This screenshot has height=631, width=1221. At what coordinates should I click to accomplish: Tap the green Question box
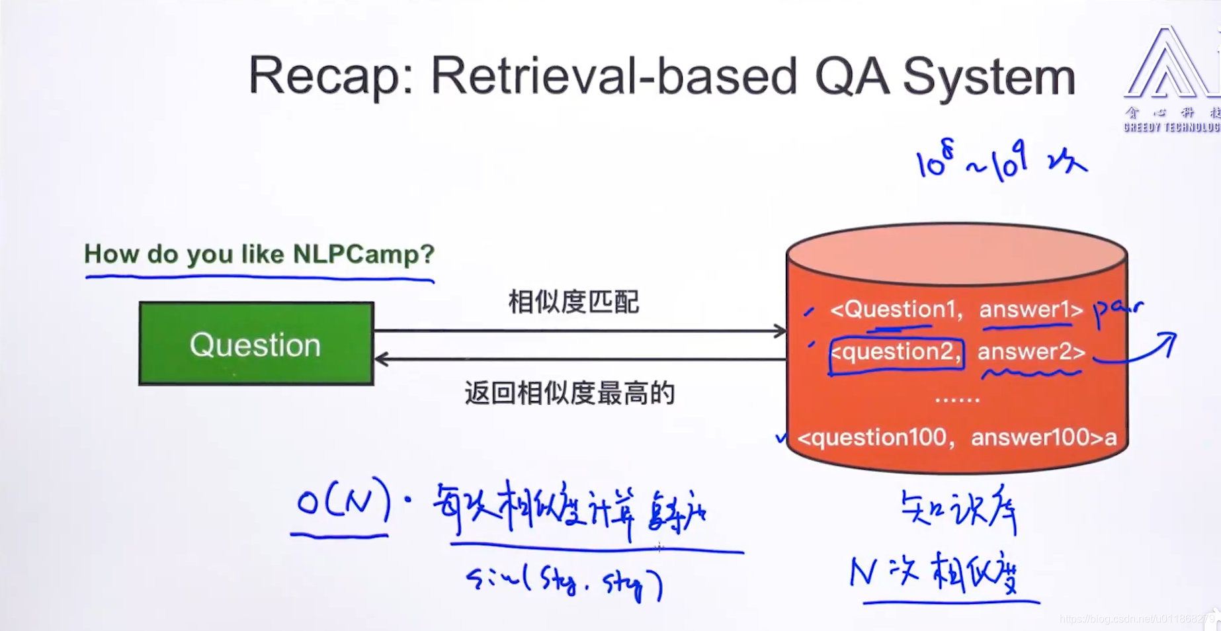[256, 344]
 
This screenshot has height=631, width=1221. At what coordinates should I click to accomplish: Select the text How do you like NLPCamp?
[259, 254]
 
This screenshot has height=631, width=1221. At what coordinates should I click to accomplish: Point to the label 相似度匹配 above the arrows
[573, 302]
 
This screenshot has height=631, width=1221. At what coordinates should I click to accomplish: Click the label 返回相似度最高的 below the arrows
[569, 394]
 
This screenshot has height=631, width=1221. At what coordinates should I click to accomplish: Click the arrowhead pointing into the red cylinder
[780, 331]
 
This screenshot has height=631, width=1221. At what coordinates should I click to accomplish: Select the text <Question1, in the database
[896, 309]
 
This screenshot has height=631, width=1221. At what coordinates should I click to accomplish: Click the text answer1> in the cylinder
[1031, 309]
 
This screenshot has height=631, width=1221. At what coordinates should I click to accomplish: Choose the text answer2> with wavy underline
[1031, 352]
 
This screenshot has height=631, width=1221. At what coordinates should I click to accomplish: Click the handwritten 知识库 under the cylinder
[959, 511]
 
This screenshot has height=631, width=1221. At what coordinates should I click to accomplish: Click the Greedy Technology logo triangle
[1167, 66]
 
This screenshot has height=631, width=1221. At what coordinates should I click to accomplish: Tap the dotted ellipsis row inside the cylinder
[957, 400]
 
